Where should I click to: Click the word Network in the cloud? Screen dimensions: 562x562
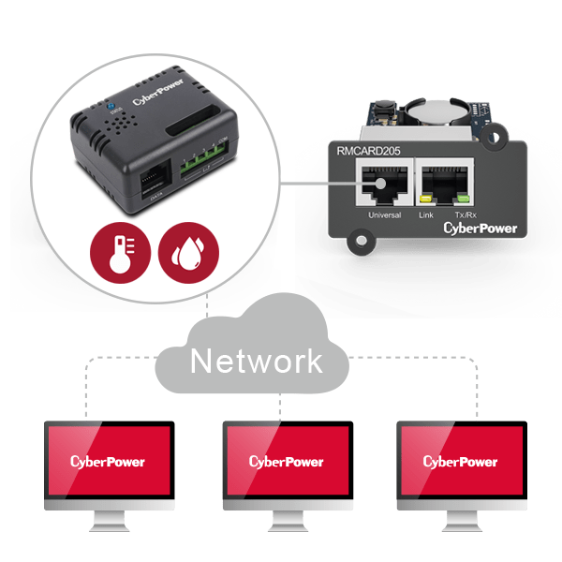pos(257,361)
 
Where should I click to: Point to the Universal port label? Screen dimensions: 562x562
pos(384,214)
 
